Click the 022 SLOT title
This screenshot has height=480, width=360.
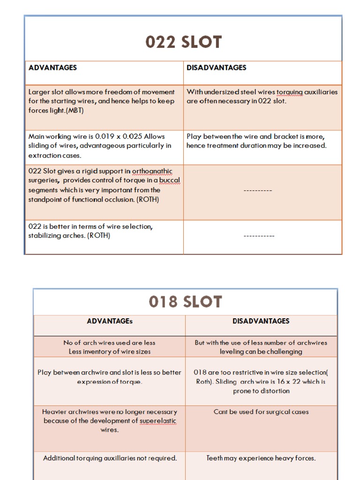(183, 42)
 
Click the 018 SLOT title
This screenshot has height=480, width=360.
(185, 302)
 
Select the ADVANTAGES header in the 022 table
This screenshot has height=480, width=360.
(52, 67)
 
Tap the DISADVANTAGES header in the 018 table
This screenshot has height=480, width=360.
(261, 321)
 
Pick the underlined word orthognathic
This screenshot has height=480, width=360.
(152, 172)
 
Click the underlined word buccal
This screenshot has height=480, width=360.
(170, 180)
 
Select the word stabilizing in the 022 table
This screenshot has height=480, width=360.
(45, 236)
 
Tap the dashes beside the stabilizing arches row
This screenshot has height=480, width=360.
(259, 236)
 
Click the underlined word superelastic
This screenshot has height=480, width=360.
(157, 421)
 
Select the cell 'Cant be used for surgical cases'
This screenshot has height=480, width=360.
(261, 412)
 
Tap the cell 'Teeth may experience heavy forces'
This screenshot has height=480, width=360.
(261, 458)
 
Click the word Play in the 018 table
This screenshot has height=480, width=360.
(45, 373)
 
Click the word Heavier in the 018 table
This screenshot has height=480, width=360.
(54, 412)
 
